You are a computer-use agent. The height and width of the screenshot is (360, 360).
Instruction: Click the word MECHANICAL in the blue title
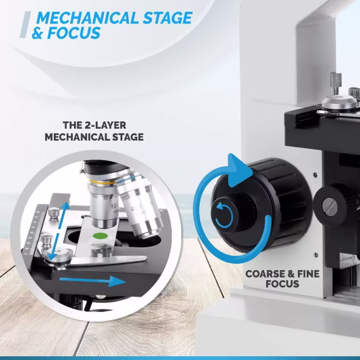click(87, 18)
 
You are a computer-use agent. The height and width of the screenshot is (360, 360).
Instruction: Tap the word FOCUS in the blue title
click(74, 33)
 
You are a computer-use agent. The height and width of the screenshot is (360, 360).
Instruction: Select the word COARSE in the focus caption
click(265, 274)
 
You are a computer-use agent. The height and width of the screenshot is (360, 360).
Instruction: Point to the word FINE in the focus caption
click(308, 274)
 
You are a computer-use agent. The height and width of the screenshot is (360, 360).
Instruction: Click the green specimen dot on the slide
click(100, 236)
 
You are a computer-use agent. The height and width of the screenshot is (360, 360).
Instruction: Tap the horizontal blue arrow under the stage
click(93, 281)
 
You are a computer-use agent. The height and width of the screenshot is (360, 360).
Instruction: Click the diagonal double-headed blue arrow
click(59, 231)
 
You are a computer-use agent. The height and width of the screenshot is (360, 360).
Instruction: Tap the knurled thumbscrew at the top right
click(336, 83)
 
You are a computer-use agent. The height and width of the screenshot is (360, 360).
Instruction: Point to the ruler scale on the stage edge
click(32, 232)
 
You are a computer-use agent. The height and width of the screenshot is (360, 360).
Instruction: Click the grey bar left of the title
click(25, 25)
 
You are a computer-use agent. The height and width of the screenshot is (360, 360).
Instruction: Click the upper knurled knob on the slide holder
click(54, 212)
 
